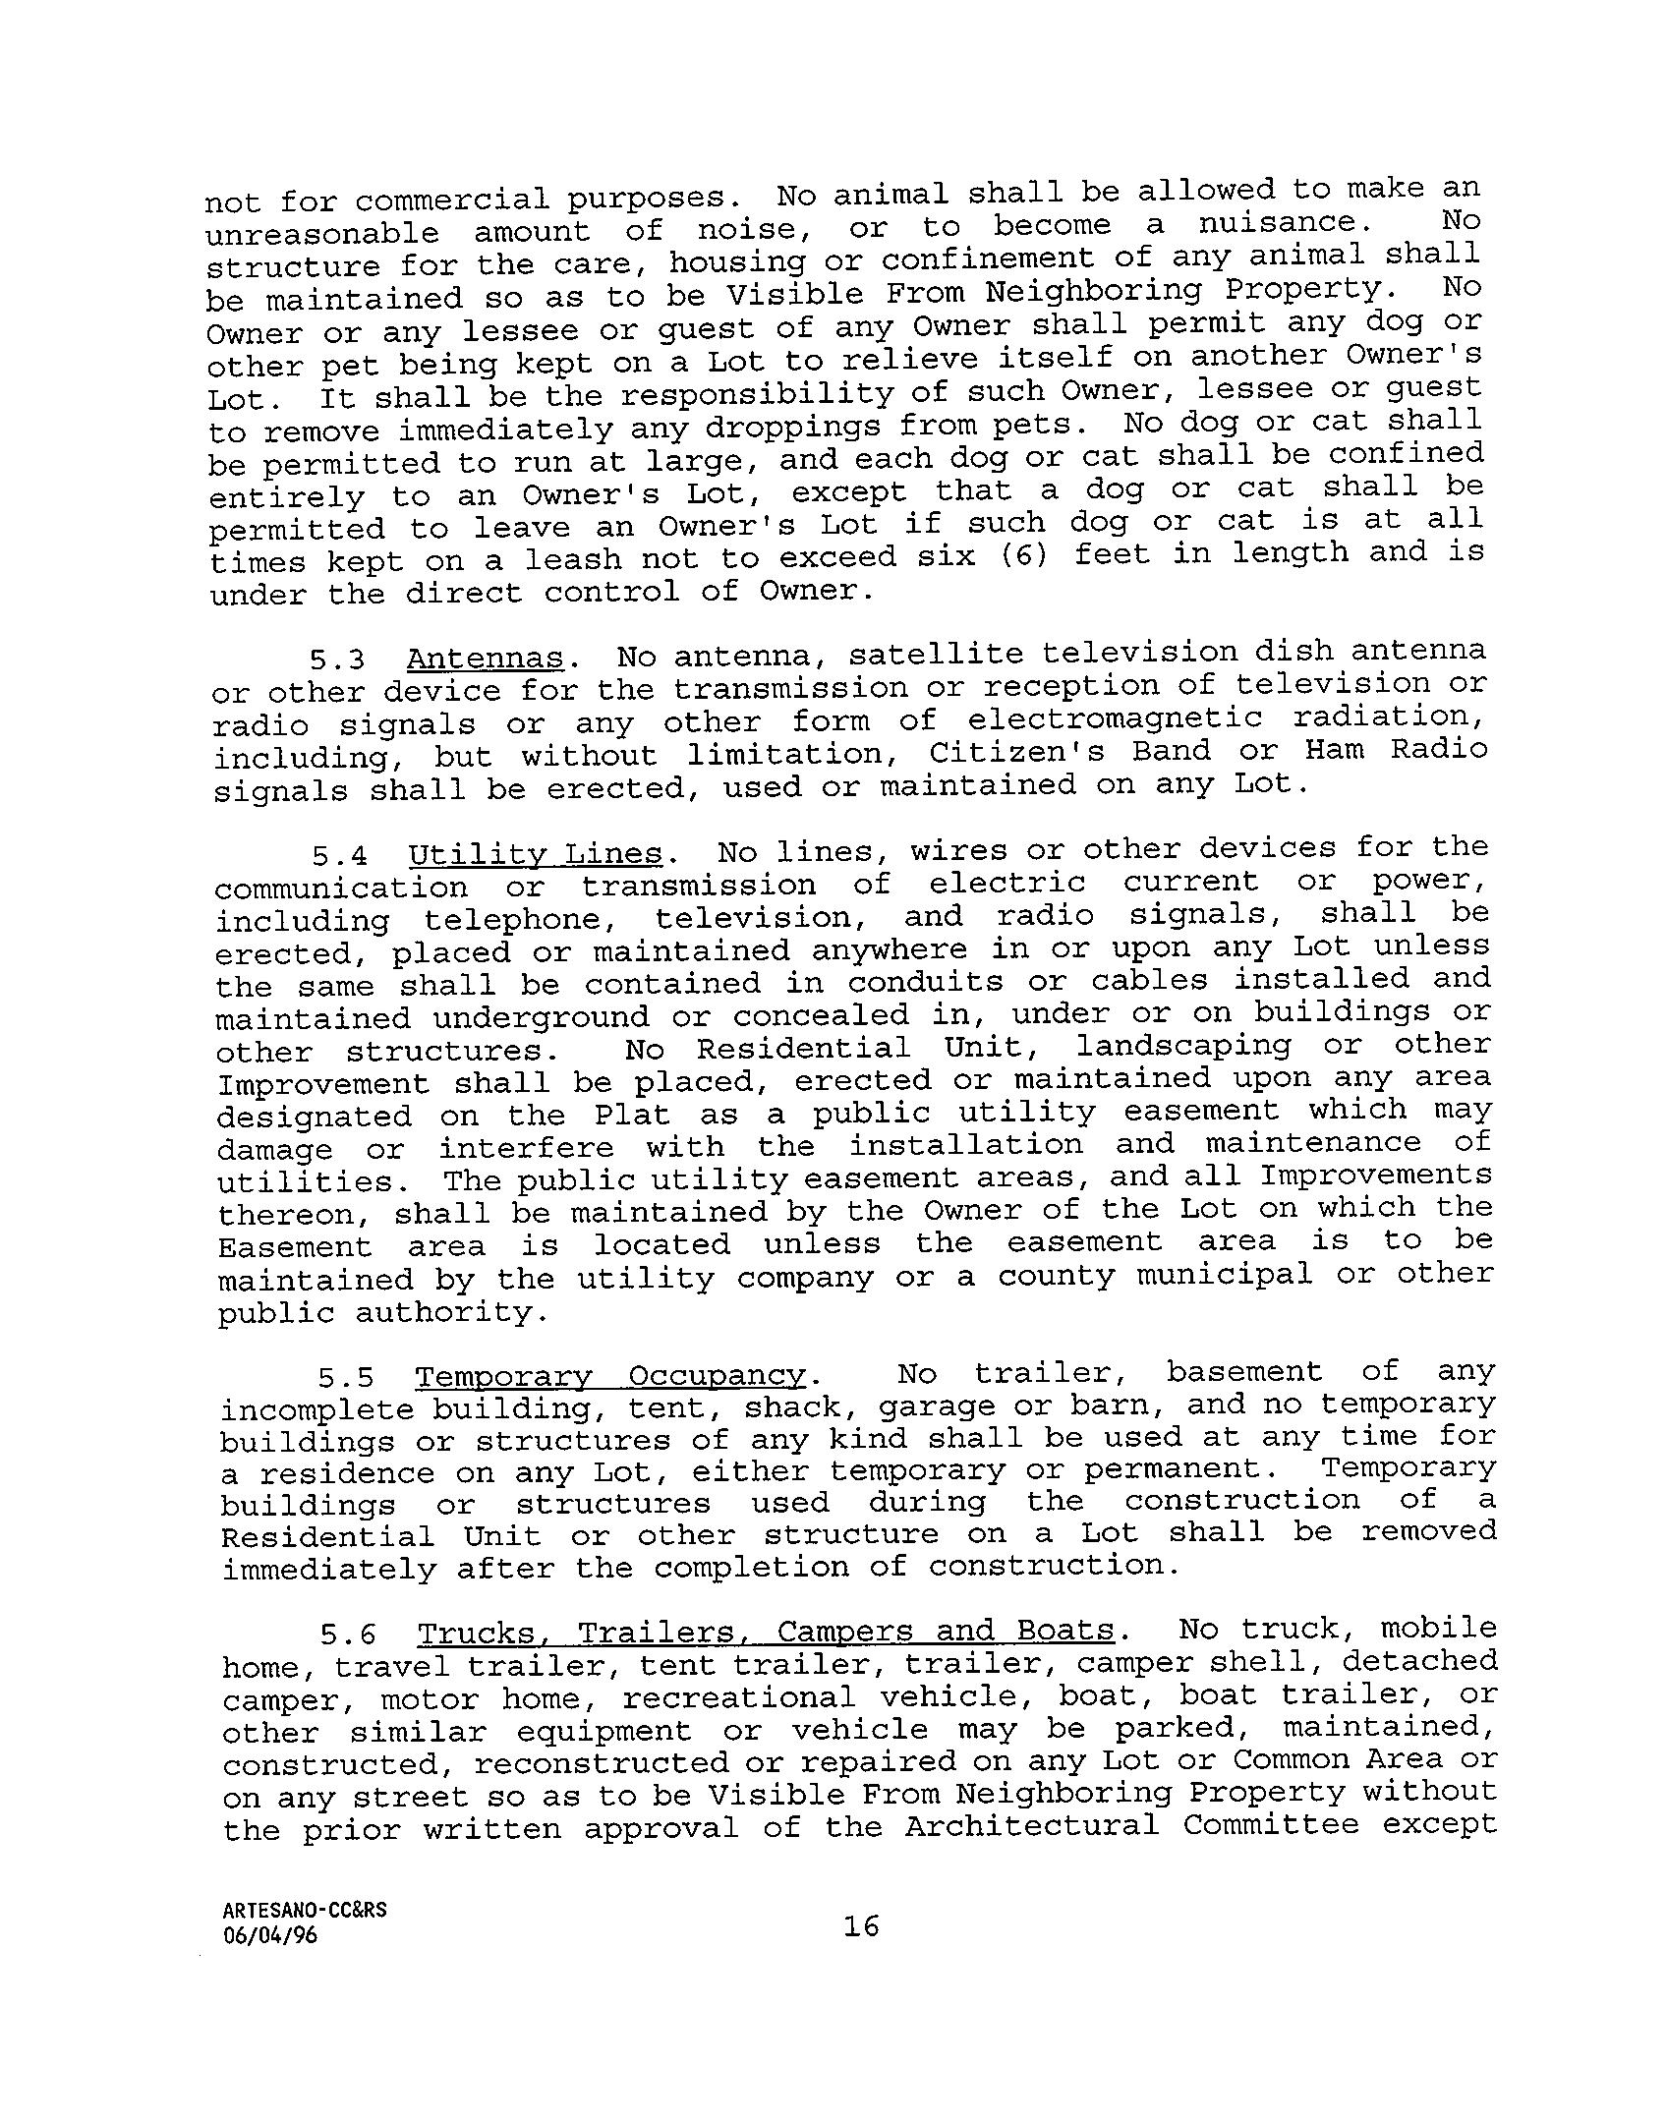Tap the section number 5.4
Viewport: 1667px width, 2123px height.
pos(340,857)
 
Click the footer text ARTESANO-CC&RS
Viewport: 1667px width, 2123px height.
pos(305,1910)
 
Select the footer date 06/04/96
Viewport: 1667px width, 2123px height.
pos(270,1936)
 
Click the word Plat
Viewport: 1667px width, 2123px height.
pos(632,1116)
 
